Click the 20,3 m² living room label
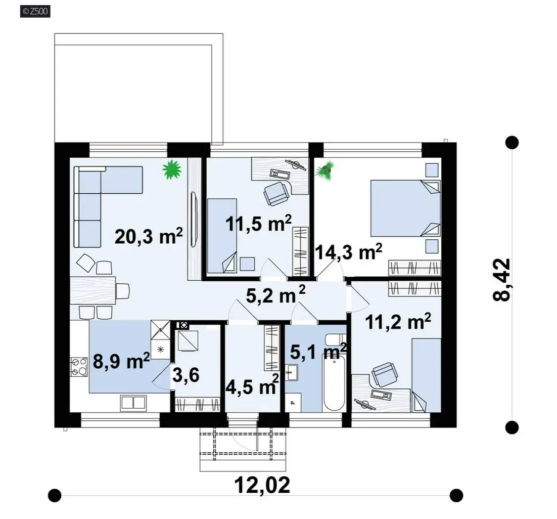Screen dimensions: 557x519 [x=149, y=236]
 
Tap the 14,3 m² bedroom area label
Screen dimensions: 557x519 [x=348, y=252]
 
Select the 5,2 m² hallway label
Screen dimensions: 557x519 [x=275, y=295]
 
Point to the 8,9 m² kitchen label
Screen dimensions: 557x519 [x=121, y=361]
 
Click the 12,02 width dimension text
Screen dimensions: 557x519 [x=262, y=485]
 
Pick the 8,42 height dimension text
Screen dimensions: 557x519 [x=501, y=279]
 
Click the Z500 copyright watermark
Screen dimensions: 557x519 [x=35, y=11]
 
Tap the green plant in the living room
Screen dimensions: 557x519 [x=172, y=169]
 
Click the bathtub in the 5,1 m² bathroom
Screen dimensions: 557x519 [x=334, y=383]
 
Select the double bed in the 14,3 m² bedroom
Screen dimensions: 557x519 [x=405, y=208]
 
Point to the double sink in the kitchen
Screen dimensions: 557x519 [x=133, y=403]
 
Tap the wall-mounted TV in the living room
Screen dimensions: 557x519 [x=194, y=220]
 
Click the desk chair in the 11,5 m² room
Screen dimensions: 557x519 [x=276, y=193]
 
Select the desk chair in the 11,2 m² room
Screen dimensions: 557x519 [x=384, y=374]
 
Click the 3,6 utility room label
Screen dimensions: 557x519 [x=186, y=375]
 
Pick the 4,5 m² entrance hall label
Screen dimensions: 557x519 [x=252, y=385]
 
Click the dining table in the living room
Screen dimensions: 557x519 [x=93, y=290]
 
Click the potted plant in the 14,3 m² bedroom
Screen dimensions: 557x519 [x=326, y=170]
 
